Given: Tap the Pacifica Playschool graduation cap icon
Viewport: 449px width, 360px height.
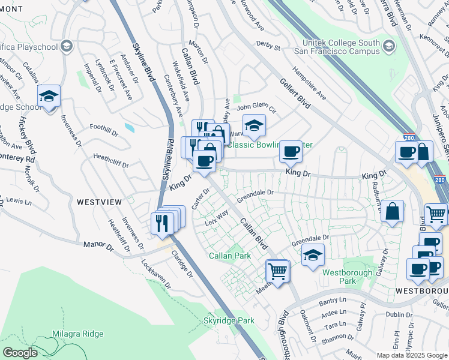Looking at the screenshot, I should coord(67,46).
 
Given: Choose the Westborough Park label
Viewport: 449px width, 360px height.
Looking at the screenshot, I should coord(348,277).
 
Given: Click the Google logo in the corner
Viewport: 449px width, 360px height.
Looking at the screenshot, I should coord(20,353).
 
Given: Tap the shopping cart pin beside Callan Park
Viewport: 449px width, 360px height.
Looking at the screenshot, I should coord(277,271).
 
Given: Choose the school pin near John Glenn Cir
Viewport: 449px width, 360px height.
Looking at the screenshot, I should coord(255,125).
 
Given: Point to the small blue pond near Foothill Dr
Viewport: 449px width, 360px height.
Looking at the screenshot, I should coord(129,127).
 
